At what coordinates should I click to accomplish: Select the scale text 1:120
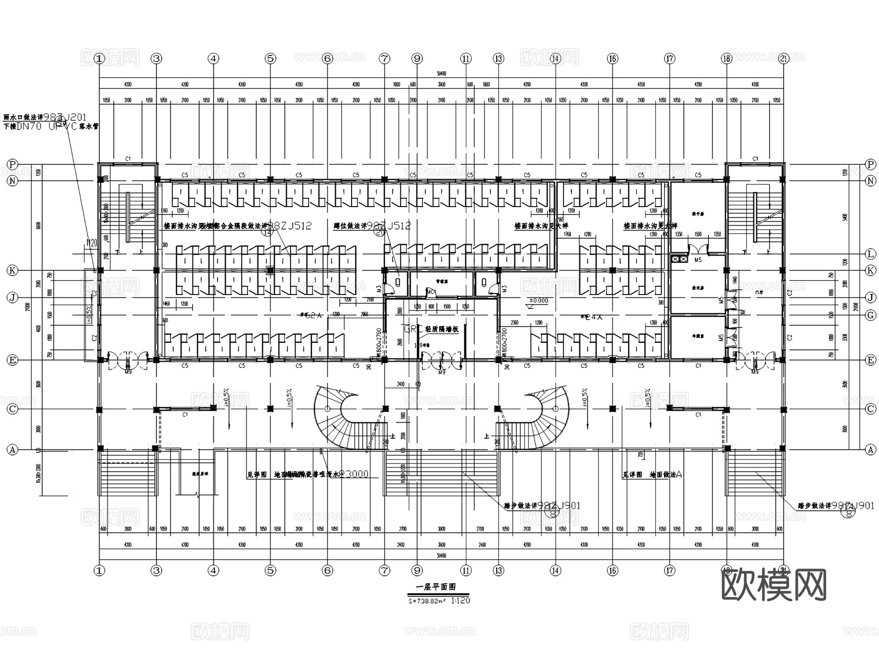[460, 600]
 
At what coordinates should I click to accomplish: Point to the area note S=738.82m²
[426, 601]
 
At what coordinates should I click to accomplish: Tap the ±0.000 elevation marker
[539, 300]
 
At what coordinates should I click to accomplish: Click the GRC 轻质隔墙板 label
[431, 329]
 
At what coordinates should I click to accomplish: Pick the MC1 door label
[431, 292]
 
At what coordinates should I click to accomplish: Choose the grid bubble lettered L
[870, 254]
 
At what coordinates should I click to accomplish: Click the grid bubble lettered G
[870, 316]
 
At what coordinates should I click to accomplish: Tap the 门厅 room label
[758, 292]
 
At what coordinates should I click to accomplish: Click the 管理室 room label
[441, 282]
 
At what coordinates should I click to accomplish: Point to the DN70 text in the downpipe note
[29, 127]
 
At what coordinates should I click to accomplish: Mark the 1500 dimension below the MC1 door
[447, 307]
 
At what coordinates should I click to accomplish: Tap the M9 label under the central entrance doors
[442, 372]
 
